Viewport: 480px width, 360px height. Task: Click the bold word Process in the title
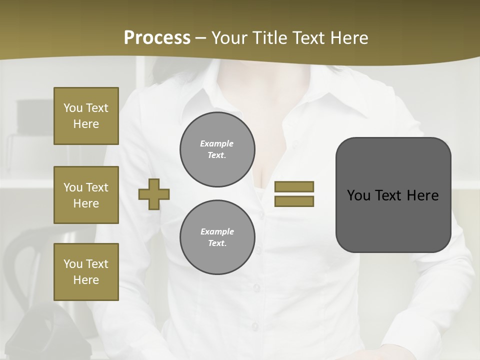[157, 38]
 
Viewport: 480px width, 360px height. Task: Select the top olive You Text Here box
[86, 116]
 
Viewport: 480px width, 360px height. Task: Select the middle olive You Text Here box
[86, 195]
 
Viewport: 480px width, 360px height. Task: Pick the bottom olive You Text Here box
[86, 272]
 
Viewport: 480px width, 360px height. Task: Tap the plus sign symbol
[154, 194]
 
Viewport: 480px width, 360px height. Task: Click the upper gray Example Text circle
[217, 149]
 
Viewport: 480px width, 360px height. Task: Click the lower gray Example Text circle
[217, 237]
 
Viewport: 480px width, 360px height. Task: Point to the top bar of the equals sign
[294, 186]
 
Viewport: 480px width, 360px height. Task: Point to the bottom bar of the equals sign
[294, 201]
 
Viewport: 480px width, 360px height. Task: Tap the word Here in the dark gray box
[423, 195]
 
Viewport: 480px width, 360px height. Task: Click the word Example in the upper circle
[217, 143]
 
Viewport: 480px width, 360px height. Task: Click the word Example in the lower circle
[217, 231]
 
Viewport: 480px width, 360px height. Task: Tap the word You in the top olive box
[73, 108]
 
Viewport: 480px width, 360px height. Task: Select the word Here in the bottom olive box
[86, 280]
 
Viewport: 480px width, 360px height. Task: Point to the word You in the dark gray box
[358, 195]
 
